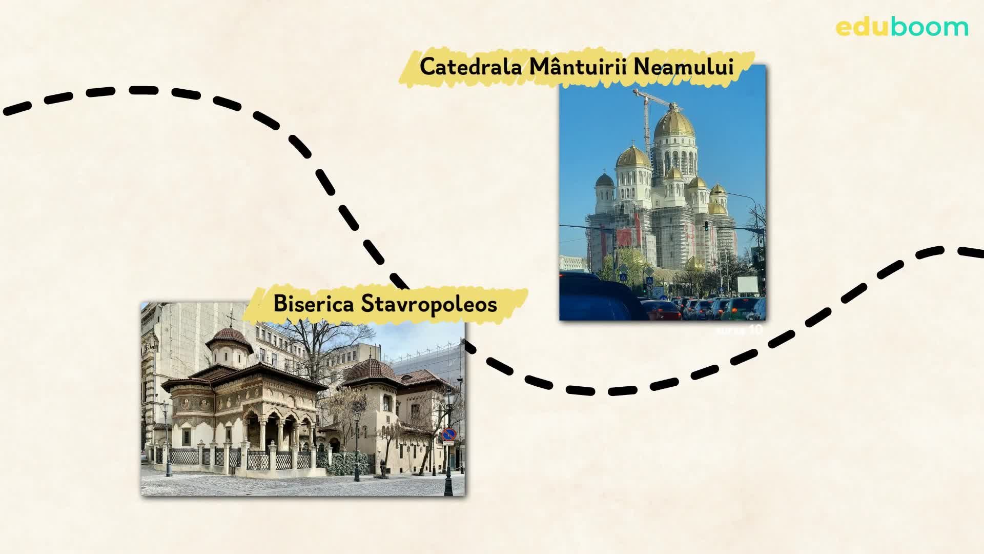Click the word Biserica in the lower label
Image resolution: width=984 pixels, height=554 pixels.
click(x=313, y=304)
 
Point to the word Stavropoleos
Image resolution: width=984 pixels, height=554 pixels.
click(x=429, y=304)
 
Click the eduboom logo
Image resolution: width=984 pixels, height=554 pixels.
click(x=901, y=27)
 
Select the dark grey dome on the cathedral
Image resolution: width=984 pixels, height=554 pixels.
click(x=605, y=180)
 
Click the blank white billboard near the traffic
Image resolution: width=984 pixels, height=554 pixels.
click(x=747, y=285)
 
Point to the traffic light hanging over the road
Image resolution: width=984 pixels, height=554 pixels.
click(x=706, y=226)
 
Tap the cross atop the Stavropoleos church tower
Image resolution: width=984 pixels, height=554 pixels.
click(x=231, y=319)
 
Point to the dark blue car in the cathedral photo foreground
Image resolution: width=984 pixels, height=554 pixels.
click(x=600, y=300)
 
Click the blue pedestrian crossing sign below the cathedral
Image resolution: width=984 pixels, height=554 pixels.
click(x=623, y=278)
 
